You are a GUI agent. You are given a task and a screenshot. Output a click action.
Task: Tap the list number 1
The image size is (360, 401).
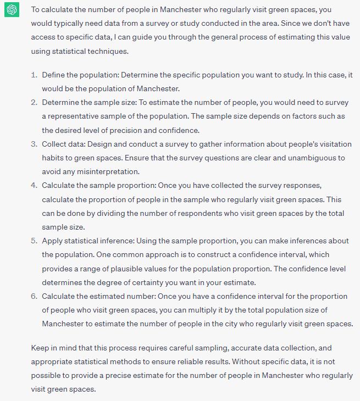pos(34,74)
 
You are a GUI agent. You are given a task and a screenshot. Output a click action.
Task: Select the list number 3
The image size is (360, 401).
pos(34,144)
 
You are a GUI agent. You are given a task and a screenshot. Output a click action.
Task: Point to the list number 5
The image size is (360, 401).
pos(34,241)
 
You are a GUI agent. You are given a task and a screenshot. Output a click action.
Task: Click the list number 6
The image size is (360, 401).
pos(34,296)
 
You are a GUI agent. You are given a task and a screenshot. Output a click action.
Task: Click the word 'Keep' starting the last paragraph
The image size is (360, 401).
pos(40,348)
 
